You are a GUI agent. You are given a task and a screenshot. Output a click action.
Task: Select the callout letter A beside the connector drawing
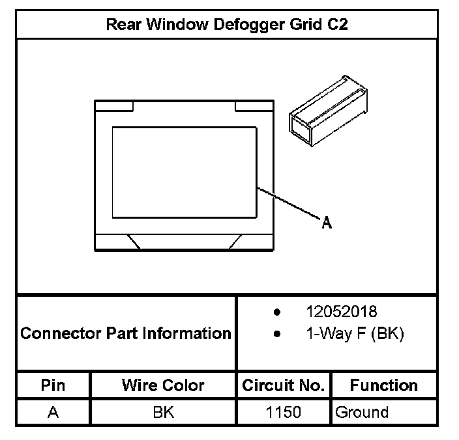[327, 223]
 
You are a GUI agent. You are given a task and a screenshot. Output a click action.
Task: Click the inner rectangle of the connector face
[185, 172]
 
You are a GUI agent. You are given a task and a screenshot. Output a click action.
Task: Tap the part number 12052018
[341, 312]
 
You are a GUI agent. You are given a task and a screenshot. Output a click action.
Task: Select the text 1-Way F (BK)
[355, 334]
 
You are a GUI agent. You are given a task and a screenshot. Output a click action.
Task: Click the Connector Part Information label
[126, 334]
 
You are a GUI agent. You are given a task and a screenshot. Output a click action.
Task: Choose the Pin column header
[53, 385]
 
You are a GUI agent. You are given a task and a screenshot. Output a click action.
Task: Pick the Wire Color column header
[163, 385]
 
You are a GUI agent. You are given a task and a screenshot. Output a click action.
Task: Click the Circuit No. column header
[284, 385]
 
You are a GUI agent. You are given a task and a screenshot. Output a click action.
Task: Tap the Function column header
[384, 385]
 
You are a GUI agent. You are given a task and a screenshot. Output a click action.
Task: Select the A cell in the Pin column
[53, 412]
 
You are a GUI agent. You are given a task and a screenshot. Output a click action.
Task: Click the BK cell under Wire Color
[163, 412]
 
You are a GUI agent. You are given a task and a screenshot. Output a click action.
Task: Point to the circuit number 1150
[284, 412]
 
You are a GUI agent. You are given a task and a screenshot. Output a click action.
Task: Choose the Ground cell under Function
[361, 412]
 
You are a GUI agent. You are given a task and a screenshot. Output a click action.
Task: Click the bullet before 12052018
[278, 312]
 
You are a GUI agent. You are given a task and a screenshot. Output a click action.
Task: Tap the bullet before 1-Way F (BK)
[278, 335]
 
